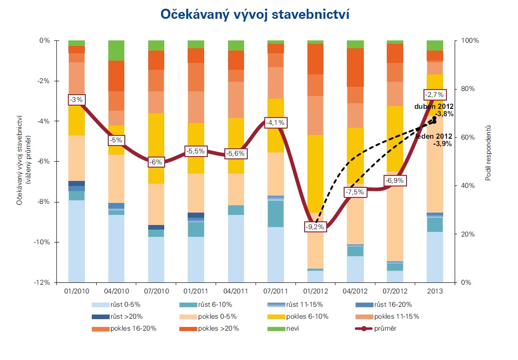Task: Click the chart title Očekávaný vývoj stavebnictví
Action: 255,14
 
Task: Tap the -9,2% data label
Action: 315,226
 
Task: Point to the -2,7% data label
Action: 434,95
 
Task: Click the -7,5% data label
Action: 355,192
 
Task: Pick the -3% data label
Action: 77,100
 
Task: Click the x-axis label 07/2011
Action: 276,291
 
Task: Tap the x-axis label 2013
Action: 434,291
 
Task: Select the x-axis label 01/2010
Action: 77,291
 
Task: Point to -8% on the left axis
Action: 44,202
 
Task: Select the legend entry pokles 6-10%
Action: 307,316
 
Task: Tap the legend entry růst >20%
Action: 124,316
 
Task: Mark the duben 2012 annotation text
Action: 434,107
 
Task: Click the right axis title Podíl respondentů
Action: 489,152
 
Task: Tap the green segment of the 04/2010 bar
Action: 117,51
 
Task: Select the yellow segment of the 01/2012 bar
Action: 315,174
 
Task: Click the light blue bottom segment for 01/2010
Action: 77,241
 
